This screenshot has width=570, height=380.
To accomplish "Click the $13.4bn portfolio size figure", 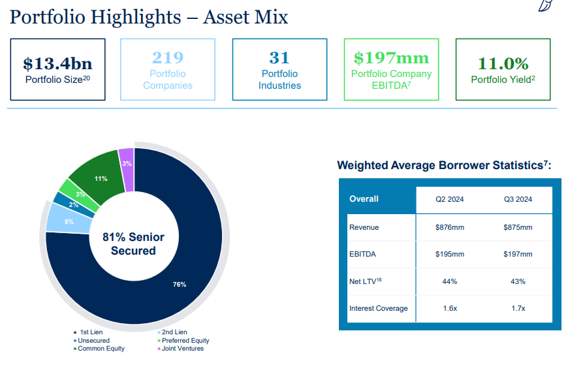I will coord(57,63).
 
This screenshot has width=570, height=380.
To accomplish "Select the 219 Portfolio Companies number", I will coord(168,58).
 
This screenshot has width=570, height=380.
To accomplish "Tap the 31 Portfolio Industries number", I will coord(279,58).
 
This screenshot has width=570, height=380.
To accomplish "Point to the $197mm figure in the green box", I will coord(391,58).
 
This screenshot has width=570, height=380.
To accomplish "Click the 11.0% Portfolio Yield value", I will coord(503,63).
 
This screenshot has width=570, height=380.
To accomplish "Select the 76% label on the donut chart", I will coord(180,284).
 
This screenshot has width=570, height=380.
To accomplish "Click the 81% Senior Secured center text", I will coord(133,244).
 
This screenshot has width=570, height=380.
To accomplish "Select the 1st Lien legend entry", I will coord(90,332).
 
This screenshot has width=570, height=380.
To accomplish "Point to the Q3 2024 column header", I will coord(518,199).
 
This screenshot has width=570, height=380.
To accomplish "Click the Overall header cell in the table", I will coord(364,199).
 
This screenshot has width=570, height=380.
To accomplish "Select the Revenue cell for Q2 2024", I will coord(449,227).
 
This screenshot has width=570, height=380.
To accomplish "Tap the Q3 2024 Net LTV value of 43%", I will coord(518,281).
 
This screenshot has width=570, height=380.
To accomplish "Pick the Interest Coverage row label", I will coord(378,308).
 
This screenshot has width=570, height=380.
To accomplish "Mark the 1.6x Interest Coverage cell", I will coord(449,308).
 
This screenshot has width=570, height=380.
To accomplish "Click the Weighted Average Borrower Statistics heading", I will coord(444,165).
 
